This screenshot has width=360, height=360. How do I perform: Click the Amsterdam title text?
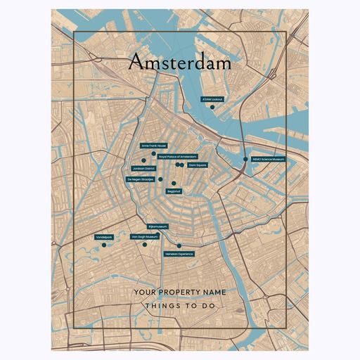(x=180, y=63)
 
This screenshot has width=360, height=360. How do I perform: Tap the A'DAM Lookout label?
(x=212, y=100)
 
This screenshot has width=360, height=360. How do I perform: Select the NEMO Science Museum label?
(x=268, y=160)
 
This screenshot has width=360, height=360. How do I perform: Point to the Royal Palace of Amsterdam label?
(x=177, y=156)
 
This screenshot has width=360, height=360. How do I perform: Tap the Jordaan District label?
(x=143, y=169)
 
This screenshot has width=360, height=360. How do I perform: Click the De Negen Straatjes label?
(x=140, y=179)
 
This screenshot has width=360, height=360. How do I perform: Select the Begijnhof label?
(x=174, y=191)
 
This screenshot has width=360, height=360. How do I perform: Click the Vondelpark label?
(x=103, y=238)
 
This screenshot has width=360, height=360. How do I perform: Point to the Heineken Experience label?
(x=179, y=253)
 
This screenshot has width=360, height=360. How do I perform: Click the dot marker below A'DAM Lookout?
(x=212, y=107)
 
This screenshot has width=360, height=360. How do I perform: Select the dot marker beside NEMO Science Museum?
(x=245, y=160)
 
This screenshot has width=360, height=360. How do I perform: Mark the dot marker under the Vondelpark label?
(x=103, y=245)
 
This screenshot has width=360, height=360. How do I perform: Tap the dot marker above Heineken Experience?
(x=179, y=246)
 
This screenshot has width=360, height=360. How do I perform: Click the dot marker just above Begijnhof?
(x=174, y=183)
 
